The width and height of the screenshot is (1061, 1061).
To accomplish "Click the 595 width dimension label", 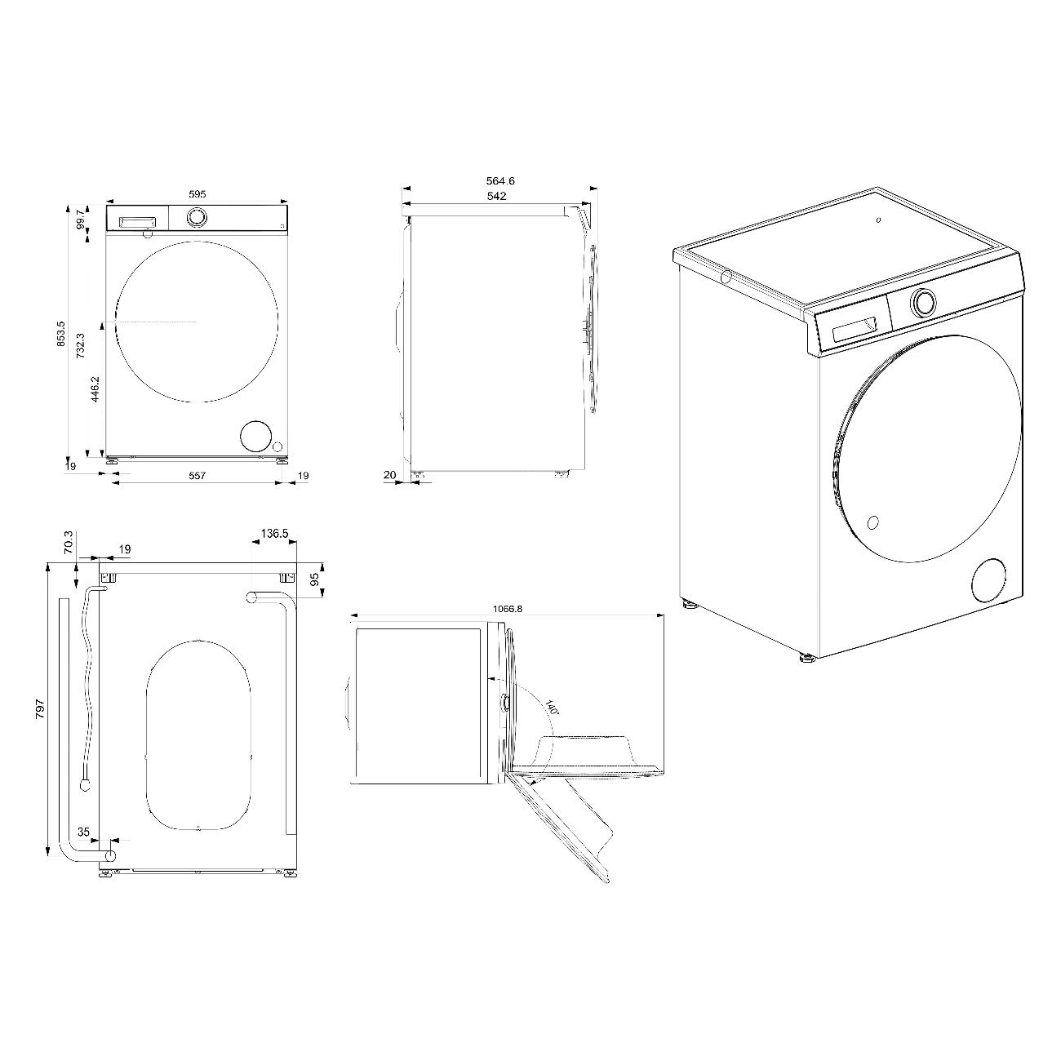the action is (x=198, y=193).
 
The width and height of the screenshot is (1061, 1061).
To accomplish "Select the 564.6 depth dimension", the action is (x=500, y=180).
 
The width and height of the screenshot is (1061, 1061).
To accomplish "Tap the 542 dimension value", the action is (x=497, y=196).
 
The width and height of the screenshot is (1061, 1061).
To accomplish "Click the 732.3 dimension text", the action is (x=80, y=346).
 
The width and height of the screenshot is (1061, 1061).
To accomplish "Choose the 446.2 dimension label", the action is (x=95, y=389).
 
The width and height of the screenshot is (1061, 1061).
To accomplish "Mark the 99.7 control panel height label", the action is (x=81, y=219).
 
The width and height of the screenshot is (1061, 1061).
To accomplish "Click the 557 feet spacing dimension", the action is (x=198, y=475).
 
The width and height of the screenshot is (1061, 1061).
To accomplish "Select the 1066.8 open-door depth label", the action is (x=507, y=608).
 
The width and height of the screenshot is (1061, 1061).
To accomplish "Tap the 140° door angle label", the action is (x=553, y=707).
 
